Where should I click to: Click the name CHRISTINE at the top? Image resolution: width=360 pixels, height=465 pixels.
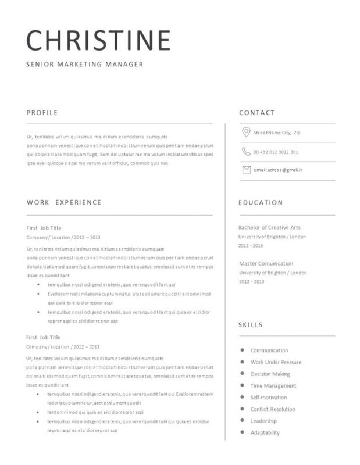pos(98,40)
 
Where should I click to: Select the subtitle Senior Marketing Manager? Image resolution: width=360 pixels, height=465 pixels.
pos(84,64)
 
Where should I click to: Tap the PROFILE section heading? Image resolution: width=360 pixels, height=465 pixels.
pos(42,112)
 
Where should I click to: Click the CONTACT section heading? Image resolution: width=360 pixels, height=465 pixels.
pos(256,112)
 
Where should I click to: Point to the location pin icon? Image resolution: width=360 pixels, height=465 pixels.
pos(246,133)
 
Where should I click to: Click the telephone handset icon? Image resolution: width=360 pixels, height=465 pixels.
pos(246,152)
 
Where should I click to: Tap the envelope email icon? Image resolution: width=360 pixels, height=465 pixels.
pos(246,170)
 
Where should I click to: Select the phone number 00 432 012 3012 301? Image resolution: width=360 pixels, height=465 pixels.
pos(276,152)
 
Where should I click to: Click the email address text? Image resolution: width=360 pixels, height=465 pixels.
pos(277,170)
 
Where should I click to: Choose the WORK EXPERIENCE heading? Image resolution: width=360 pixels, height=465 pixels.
pos(64,202)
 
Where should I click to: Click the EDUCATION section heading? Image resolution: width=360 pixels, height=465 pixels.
pos(261,202)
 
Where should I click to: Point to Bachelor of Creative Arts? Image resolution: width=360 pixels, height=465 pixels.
pos(270,227)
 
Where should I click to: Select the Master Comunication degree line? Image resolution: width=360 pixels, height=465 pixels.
pos(266,263)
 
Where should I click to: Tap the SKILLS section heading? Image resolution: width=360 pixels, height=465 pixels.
pos(251,324)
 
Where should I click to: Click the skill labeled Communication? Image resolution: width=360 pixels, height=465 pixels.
pos(269,350)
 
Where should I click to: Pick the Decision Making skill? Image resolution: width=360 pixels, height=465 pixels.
pos(270,374)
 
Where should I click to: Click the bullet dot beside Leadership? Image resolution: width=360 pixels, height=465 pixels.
pos(242,420)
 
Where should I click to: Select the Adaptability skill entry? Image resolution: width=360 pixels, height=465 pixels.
pos(265,432)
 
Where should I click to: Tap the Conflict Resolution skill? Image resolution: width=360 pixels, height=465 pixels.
pos(273,409)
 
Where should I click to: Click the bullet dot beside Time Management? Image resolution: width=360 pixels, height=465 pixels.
pos(242,385)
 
